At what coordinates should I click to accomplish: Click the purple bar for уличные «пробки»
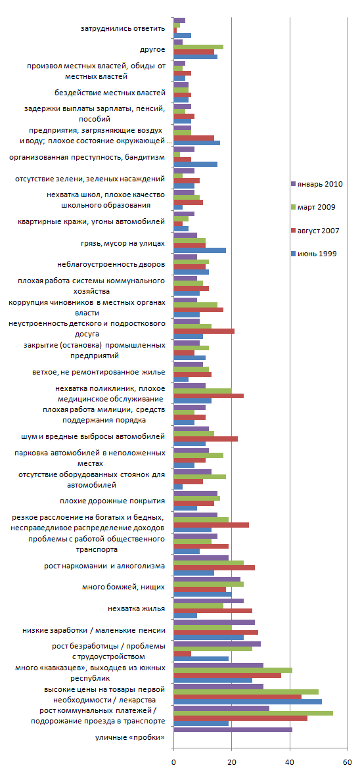(x=233, y=729)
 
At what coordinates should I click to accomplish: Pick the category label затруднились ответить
(x=123, y=28)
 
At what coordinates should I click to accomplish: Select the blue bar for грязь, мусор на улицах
(x=200, y=250)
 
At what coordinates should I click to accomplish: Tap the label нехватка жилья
(x=137, y=608)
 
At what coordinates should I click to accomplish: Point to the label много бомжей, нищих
(x=124, y=587)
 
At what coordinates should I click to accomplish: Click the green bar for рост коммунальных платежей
(x=254, y=713)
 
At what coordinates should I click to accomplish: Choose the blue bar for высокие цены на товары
(x=248, y=702)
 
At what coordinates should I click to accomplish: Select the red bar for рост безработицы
(x=183, y=653)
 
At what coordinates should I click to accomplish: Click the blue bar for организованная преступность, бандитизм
(x=195, y=164)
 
